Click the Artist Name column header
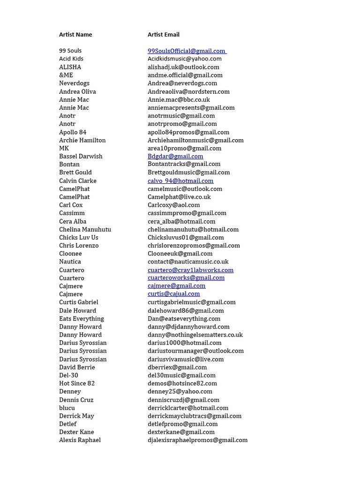coord(75,35)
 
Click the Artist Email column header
coord(164,35)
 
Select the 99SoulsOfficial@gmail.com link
coord(187,51)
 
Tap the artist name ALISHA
coord(70,67)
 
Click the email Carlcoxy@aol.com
coord(173,205)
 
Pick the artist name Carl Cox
coord(71,205)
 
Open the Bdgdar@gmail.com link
coord(175,157)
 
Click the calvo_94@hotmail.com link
coord(180,181)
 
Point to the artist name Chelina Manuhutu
coord(85,230)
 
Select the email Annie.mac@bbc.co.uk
coord(179,100)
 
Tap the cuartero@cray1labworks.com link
coord(190,270)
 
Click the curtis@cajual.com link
coord(173,294)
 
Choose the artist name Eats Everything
coord(82,319)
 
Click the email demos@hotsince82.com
coord(182,383)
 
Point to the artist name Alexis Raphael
coord(80,440)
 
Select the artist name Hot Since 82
coord(77,383)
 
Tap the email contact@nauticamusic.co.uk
coord(188,262)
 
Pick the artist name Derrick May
coord(76,416)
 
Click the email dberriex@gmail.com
coord(177,367)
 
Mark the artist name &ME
coord(66,75)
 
